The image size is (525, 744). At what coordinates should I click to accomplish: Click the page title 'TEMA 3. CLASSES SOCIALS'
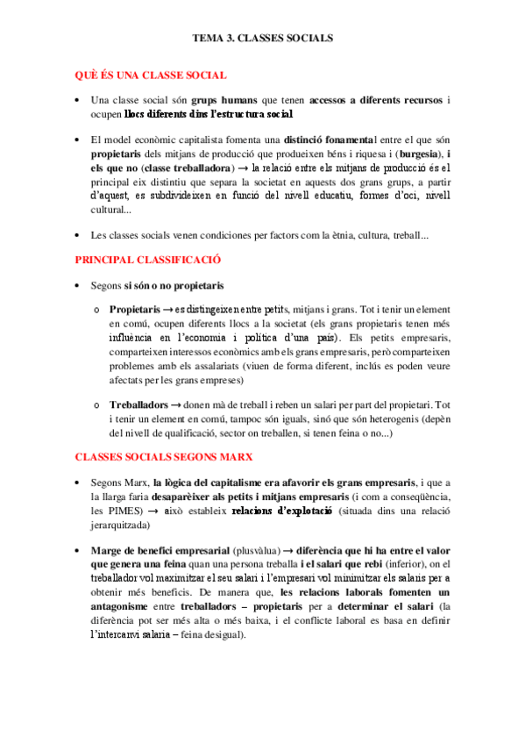coord(262,39)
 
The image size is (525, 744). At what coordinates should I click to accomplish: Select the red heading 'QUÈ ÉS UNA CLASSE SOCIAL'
coord(150,76)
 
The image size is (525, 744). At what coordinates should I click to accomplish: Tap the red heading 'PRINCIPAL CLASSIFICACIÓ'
coord(146,261)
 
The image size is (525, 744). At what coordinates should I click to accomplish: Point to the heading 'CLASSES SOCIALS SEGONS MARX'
coord(163,457)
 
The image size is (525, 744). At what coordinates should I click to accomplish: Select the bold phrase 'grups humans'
coord(220,101)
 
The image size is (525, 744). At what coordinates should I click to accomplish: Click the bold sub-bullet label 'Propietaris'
coord(135,311)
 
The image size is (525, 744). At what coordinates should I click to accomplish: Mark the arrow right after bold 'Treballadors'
coord(176,404)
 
